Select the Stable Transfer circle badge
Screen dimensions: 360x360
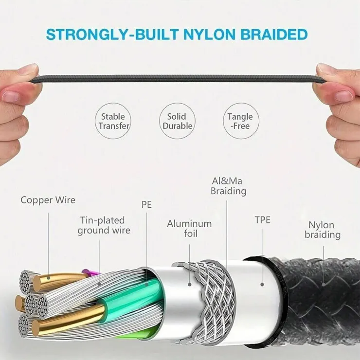tap(113, 121)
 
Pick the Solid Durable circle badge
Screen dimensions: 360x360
tap(177, 121)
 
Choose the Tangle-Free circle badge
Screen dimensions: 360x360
tap(241, 121)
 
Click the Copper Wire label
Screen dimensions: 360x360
tap(48, 200)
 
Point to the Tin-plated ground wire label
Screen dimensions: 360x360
tap(104, 225)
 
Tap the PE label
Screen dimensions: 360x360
tap(146, 204)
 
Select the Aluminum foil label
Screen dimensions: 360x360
tap(189, 229)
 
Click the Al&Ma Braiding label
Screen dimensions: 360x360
tap(229, 186)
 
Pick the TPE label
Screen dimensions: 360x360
tap(262, 220)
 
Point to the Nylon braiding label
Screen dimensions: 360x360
tap(323, 230)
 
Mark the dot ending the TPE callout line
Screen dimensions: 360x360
tap(262, 285)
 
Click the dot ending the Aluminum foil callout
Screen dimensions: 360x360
tap(190, 285)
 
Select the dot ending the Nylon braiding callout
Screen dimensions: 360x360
tap(323, 285)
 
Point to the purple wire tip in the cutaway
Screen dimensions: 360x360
tap(86, 272)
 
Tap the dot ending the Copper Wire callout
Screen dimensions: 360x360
tap(48, 278)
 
